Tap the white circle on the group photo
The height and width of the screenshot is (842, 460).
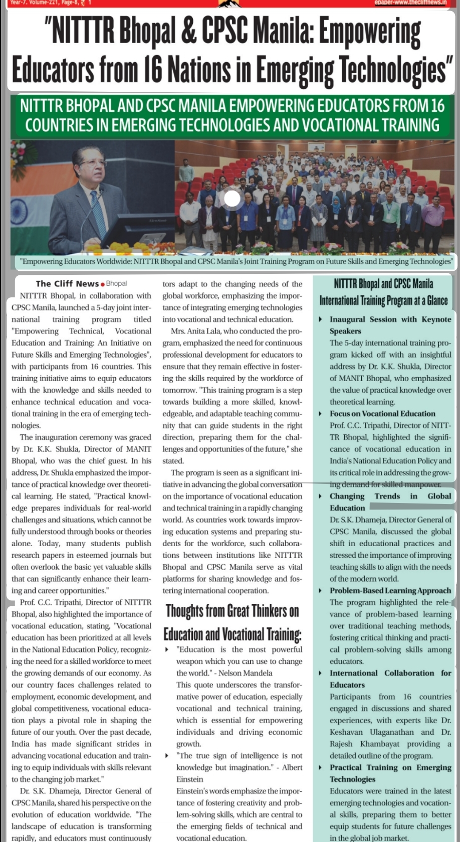[x=232, y=199]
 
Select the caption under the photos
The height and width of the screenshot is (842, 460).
[x=236, y=261]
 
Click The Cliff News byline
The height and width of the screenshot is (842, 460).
[x=67, y=284]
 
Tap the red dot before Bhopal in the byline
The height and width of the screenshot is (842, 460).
[x=103, y=284]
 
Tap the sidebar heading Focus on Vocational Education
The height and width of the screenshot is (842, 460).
[x=382, y=414]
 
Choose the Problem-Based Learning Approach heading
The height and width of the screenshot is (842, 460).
[x=390, y=591]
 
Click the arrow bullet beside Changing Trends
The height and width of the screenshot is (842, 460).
[x=320, y=496]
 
